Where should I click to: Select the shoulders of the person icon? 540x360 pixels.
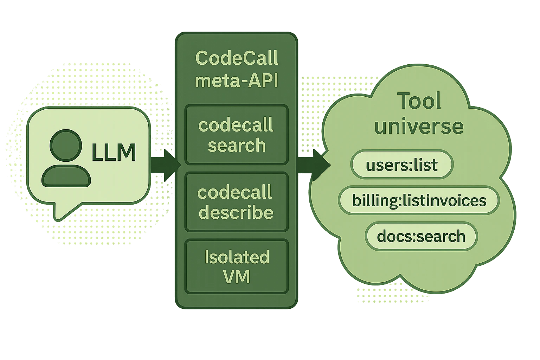tap(66, 176)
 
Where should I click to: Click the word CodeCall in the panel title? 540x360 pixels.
tap(237, 58)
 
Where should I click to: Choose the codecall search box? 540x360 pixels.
tap(237, 135)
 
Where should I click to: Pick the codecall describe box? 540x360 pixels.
tap(237, 202)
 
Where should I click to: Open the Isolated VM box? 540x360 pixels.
tap(237, 266)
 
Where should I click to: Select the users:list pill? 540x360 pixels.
tap(402, 165)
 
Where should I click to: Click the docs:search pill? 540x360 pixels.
tap(421, 236)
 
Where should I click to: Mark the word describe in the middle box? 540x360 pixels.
tap(236, 213)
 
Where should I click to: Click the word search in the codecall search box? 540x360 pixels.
tap(237, 145)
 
